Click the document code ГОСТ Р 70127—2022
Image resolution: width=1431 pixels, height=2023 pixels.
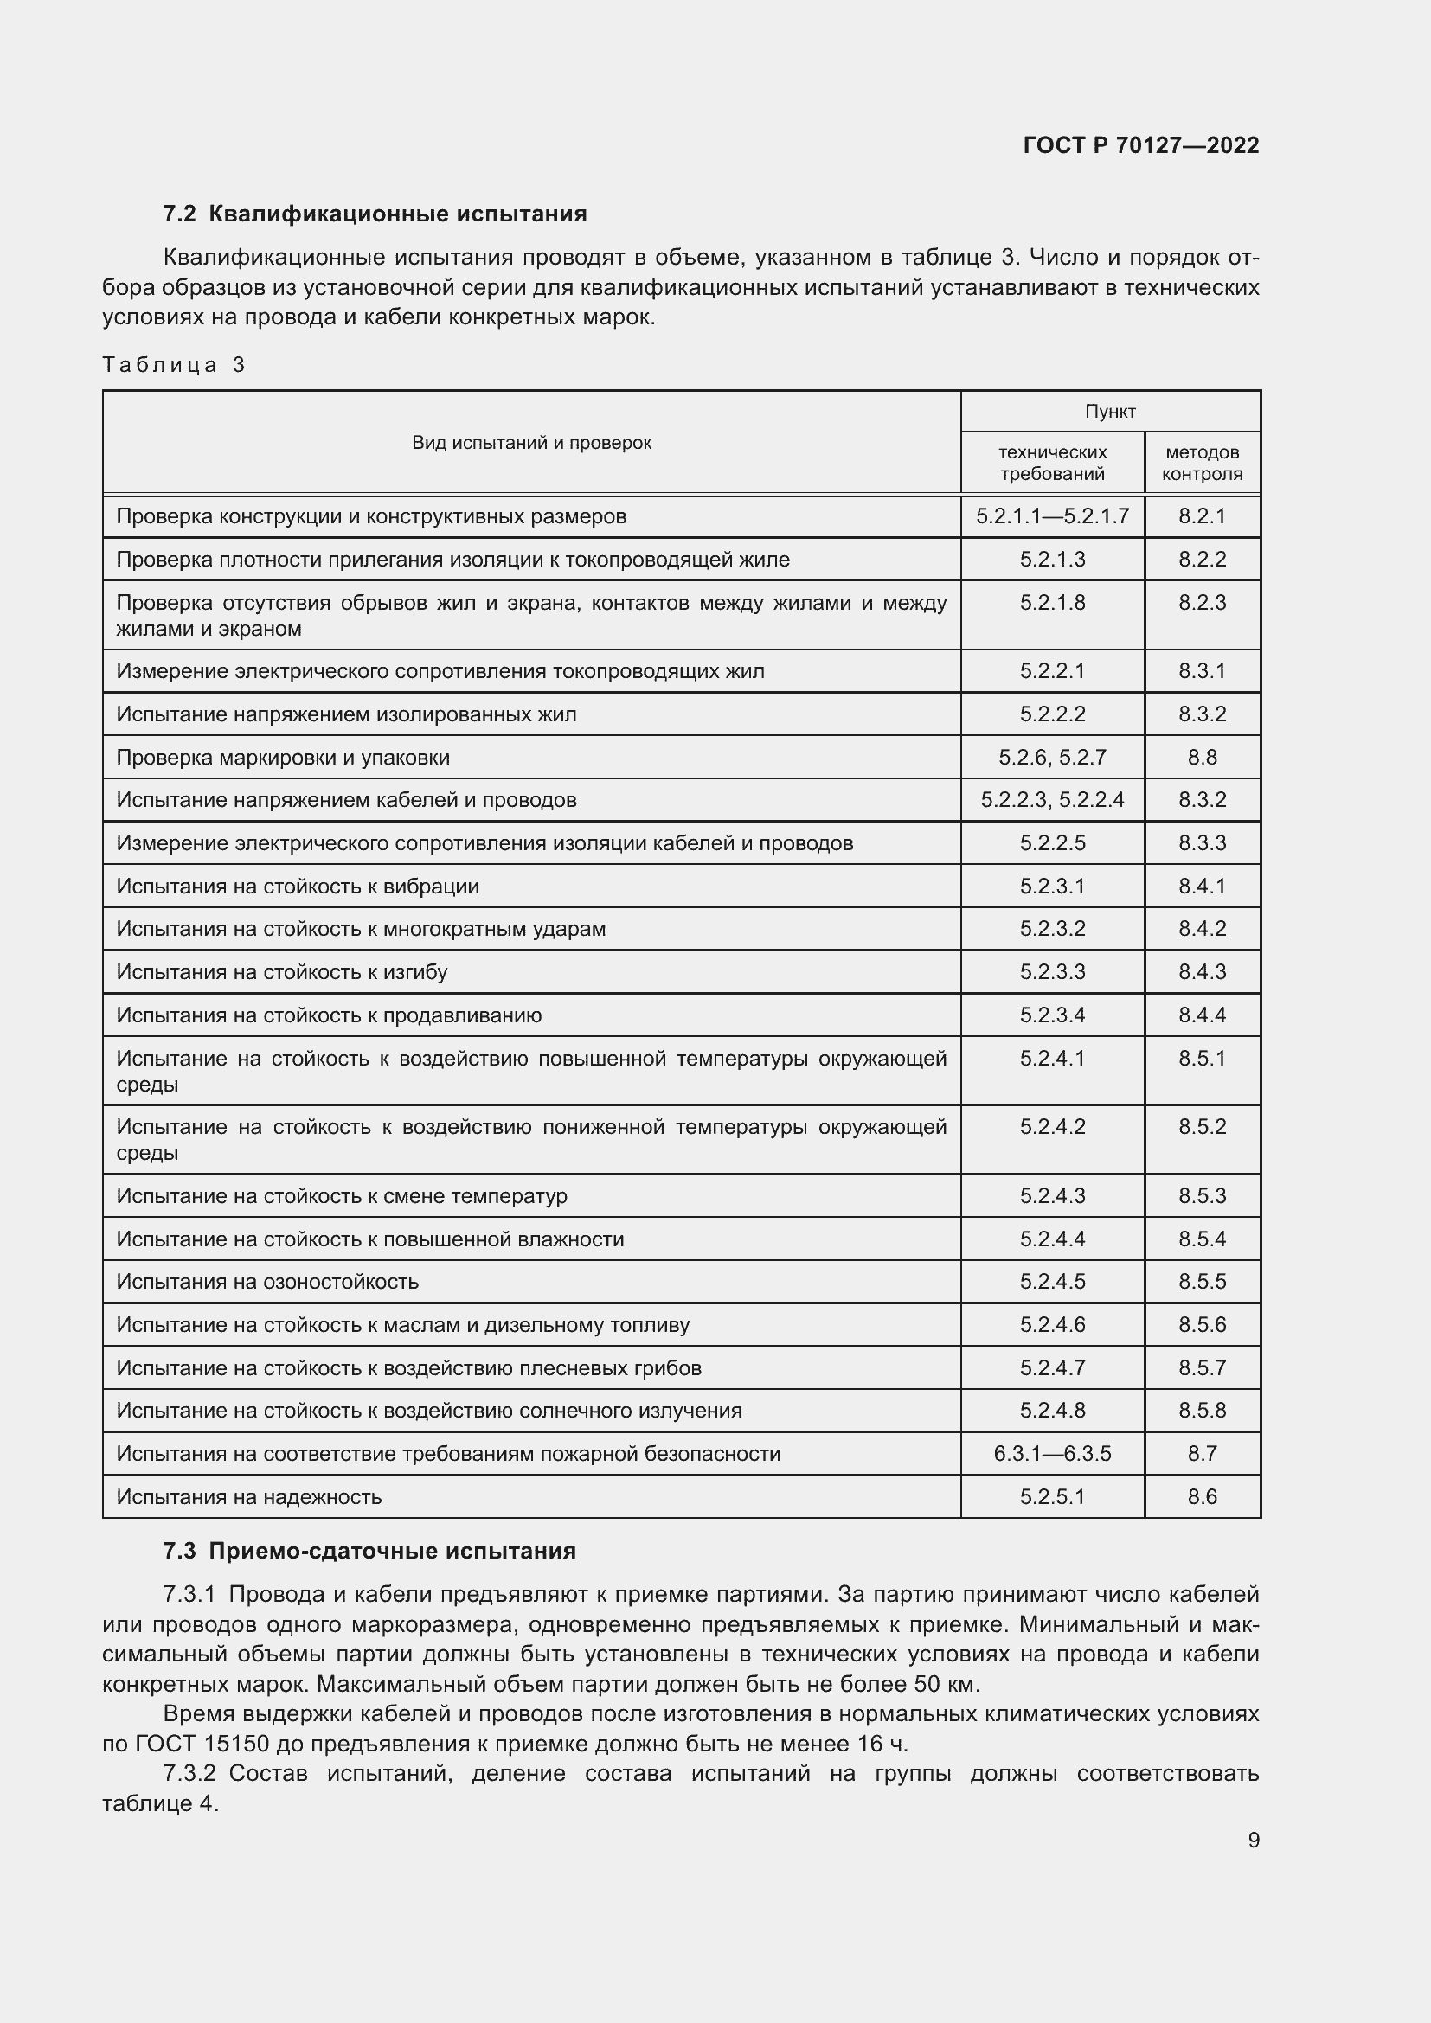(1140, 145)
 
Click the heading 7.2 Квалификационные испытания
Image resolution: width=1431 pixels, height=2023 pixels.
(375, 214)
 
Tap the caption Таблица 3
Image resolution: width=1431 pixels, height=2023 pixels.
(174, 365)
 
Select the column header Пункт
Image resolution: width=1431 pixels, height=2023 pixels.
(1109, 412)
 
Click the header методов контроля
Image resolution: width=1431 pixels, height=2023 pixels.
(1201, 463)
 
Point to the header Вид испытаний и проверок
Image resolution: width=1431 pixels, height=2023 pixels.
(531, 442)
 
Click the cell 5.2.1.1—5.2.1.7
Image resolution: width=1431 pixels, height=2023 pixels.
(1052, 516)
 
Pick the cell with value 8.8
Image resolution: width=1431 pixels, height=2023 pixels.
(1201, 757)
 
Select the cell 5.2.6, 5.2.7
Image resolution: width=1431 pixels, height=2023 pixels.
(1052, 757)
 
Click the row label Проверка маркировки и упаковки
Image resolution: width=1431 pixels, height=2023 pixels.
(283, 757)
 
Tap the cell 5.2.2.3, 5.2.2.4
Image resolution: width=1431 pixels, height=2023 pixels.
(1052, 800)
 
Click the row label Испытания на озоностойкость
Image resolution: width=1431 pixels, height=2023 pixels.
(267, 1281)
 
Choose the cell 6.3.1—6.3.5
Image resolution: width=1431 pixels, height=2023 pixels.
(1052, 1454)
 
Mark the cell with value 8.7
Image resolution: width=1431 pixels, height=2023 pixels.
(1201, 1454)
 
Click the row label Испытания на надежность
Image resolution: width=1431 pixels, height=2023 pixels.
(248, 1497)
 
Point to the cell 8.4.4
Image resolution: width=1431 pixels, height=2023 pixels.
(1201, 1015)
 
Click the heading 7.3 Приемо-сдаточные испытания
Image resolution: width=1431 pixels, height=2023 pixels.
(369, 1552)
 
